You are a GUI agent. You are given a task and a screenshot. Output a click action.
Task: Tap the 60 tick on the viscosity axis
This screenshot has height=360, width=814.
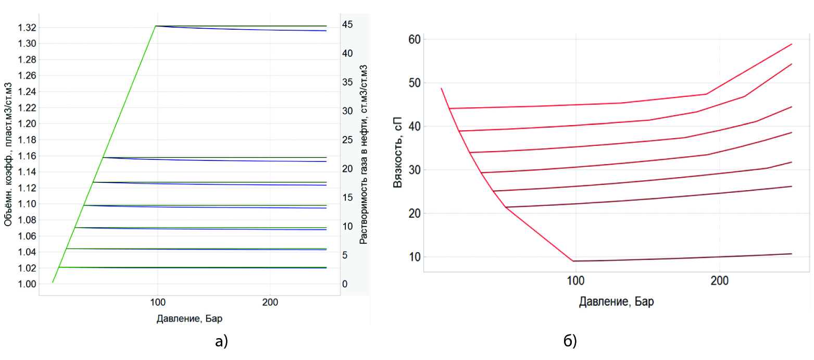point(415,39)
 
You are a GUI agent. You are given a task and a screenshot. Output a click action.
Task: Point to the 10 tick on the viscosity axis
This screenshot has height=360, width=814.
point(415,257)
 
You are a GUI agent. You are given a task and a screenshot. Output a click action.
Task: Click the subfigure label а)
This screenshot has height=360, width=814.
point(221,341)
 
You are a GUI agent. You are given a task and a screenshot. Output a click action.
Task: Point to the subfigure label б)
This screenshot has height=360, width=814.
point(570,341)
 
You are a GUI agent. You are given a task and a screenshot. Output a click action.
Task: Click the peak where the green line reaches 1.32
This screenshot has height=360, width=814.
point(156,26)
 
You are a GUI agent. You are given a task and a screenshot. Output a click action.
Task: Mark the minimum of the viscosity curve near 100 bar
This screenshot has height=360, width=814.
point(573,261)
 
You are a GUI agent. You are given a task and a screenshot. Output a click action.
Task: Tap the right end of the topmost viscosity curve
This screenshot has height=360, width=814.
point(792,44)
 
